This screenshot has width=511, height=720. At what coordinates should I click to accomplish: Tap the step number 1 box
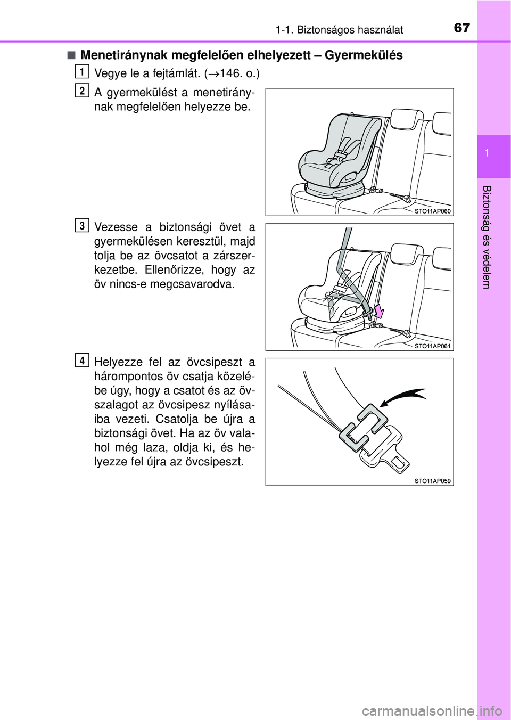[x=81, y=71]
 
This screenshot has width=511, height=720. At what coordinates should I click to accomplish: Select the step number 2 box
[x=81, y=91]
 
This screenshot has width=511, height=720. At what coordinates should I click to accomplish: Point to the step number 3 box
[x=81, y=226]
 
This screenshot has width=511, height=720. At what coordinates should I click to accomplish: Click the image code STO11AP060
[x=432, y=211]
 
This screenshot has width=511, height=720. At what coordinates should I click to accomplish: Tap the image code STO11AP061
[x=432, y=346]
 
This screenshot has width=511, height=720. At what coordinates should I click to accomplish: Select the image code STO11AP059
[x=432, y=481]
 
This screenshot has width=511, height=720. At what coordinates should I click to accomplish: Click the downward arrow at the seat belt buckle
[x=378, y=311]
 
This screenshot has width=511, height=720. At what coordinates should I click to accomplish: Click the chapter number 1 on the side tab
[x=493, y=153]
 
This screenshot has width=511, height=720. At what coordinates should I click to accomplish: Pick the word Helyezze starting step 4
[x=116, y=363]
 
